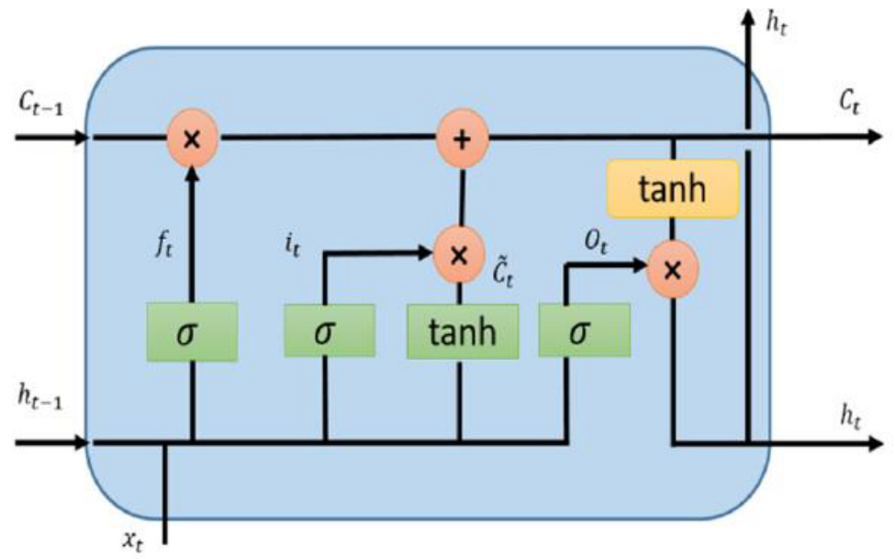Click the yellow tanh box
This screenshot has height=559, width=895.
pos(673,190)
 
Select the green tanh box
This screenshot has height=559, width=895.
pos(462,330)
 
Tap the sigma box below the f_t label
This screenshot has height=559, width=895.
pos(192,330)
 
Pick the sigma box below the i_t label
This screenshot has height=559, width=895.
pos(323,330)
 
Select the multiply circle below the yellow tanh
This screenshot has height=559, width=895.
pos(673,269)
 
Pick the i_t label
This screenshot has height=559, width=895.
pos(294,247)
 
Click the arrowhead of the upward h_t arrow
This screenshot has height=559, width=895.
pos(749,17)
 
